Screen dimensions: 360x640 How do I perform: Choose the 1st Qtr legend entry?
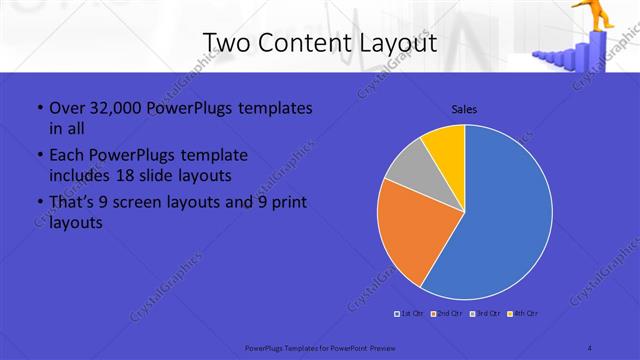(411, 314)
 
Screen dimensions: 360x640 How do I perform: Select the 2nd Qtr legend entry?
(447, 314)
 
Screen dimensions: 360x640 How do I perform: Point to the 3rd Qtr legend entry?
(485, 314)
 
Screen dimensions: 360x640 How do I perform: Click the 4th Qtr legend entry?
(523, 314)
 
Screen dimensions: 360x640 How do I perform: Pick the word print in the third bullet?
(288, 203)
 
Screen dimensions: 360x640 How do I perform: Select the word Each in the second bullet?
(67, 155)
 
